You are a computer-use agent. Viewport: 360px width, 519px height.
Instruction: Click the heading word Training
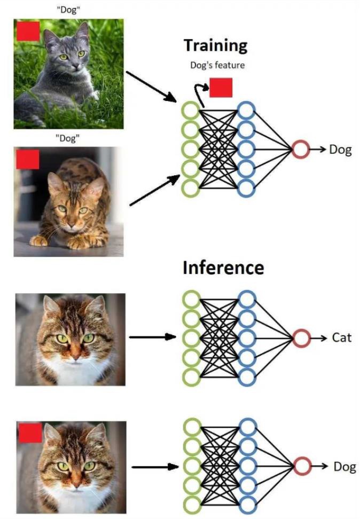[x=215, y=45]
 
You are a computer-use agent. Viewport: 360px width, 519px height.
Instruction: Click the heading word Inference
[x=223, y=267]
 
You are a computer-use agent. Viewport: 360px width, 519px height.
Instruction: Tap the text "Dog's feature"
[x=217, y=66]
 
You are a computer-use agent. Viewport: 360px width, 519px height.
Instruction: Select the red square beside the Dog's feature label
[x=221, y=88]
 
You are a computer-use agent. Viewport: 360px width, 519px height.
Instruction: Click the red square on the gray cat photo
[x=28, y=32]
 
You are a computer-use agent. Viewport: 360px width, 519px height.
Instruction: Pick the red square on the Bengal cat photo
[x=28, y=159]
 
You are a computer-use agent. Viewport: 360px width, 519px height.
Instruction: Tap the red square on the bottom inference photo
[x=30, y=432]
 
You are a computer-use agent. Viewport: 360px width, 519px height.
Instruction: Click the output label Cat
[x=341, y=337]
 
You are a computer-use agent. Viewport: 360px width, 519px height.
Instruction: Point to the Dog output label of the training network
[x=340, y=150]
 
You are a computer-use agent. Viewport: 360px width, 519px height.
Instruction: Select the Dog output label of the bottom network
[x=344, y=466]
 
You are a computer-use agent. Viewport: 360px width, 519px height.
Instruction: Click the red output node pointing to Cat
[x=301, y=337]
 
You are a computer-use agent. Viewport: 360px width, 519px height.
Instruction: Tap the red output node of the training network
[x=300, y=150]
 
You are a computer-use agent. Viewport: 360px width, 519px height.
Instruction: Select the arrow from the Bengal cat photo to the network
[x=155, y=190]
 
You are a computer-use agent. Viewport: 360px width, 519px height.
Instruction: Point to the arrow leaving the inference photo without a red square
[x=153, y=337]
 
